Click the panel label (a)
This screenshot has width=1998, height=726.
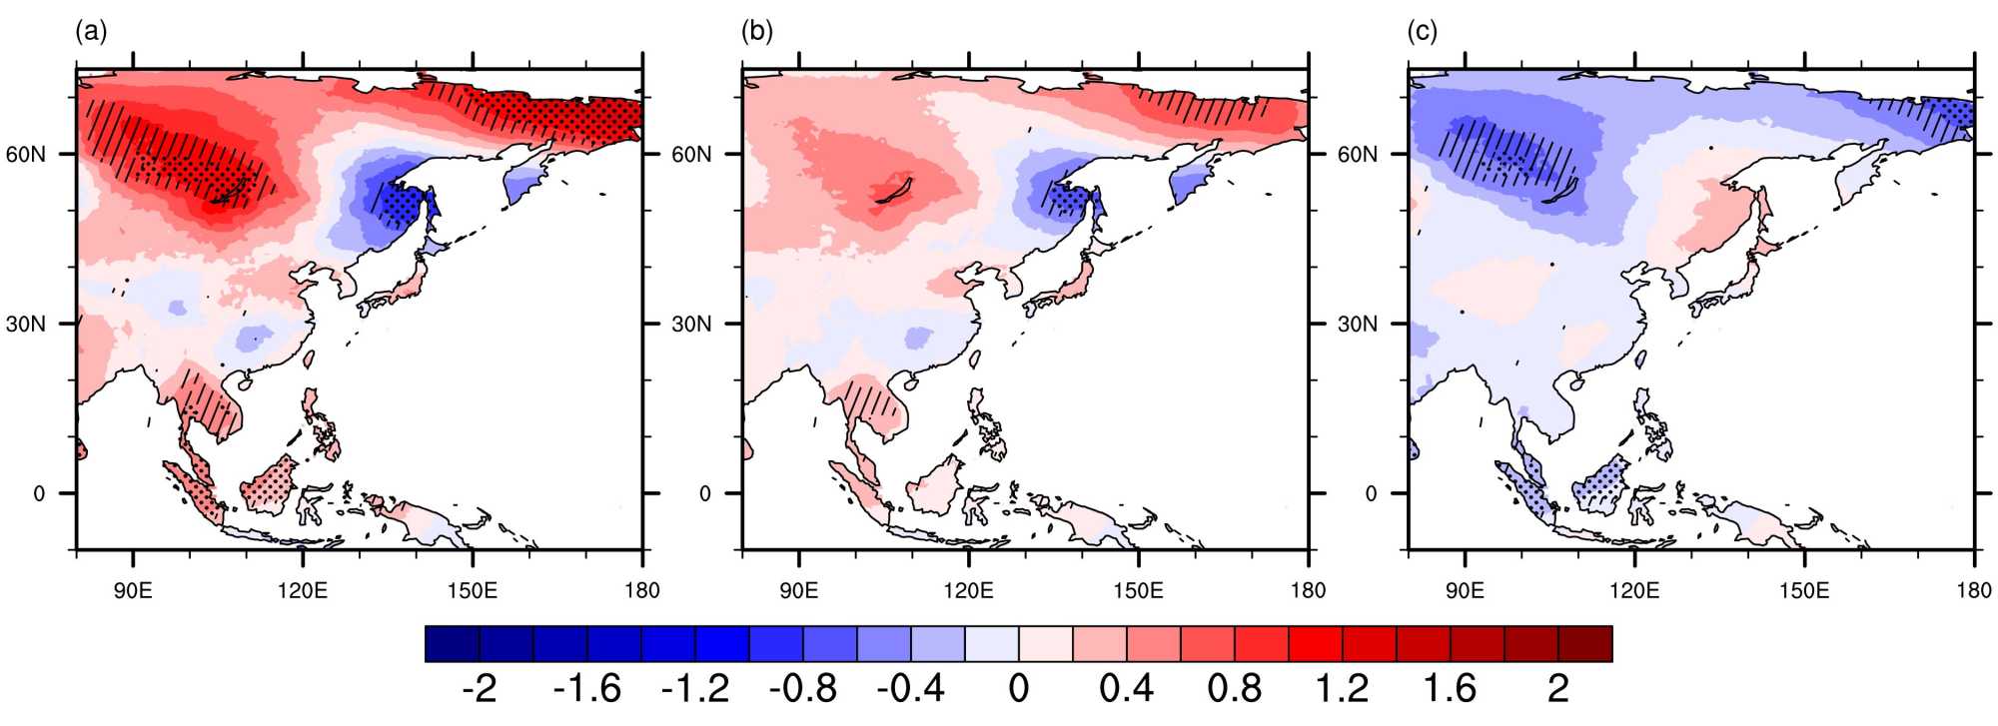click(x=91, y=32)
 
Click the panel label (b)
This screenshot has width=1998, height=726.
click(x=757, y=32)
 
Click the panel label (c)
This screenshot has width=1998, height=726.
click(x=1423, y=32)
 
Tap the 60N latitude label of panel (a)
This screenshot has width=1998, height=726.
click(x=26, y=155)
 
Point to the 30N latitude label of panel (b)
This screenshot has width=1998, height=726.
click(x=691, y=325)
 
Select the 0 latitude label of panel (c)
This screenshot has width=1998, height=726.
click(x=1370, y=493)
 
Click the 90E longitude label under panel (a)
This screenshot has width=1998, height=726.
click(x=133, y=590)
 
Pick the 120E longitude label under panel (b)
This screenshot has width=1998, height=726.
click(x=968, y=590)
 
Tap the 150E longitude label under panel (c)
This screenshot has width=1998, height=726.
click(x=1804, y=590)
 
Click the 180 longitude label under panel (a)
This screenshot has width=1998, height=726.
click(x=642, y=590)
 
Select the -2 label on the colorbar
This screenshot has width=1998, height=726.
click(x=480, y=689)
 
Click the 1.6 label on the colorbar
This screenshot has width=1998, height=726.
click(x=1450, y=689)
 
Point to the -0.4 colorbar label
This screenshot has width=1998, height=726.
click(x=910, y=689)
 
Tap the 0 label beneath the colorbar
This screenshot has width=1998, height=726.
click(x=1018, y=689)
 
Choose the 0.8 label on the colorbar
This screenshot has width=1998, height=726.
click(x=1234, y=689)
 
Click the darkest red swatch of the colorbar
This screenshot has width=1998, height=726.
click(x=1585, y=644)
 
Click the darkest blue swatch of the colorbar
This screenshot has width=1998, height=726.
click(x=452, y=644)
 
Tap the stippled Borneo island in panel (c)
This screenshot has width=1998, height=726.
click(x=1600, y=484)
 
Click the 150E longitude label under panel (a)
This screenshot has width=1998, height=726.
click(x=473, y=590)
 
